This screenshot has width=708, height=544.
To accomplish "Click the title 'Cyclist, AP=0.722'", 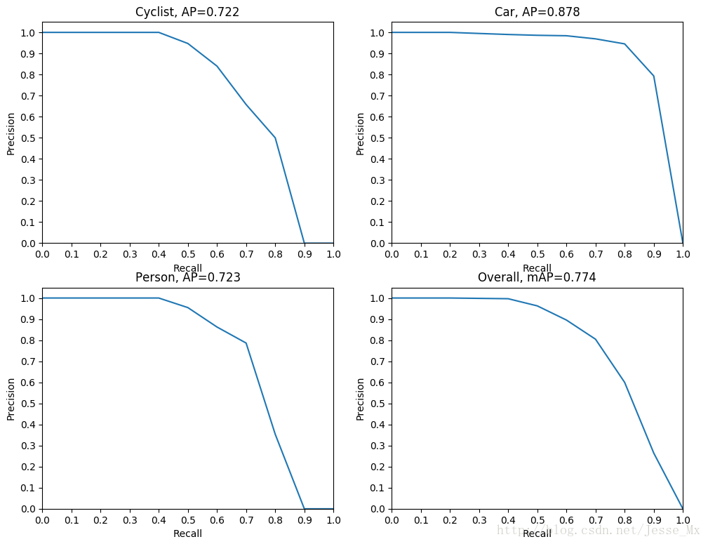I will (187, 12).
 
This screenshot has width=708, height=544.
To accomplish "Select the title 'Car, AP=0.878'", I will (537, 12).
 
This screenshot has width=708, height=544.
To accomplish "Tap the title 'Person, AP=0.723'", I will (187, 277).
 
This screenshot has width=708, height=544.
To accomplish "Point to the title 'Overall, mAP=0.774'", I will (537, 277).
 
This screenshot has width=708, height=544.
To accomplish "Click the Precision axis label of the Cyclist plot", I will (11, 133).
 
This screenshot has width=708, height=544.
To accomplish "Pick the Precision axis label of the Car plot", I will (360, 133).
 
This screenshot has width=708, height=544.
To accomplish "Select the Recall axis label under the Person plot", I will (187, 533).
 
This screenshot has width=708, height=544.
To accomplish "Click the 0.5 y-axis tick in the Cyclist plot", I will (29, 138).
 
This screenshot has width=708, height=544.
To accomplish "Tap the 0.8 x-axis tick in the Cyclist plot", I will (275, 253).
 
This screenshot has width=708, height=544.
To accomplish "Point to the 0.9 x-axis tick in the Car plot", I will (654, 253).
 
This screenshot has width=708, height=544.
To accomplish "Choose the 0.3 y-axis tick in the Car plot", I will (378, 180).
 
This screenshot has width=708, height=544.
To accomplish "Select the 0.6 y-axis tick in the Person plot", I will (29, 383).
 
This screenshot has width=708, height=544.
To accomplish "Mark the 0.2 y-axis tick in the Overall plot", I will (378, 467).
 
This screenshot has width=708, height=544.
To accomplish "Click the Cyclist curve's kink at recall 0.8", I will (275, 138).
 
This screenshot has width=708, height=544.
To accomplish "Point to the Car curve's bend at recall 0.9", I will (654, 76).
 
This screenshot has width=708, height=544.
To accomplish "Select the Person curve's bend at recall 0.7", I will (246, 343).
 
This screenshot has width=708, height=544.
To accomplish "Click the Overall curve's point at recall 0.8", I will (624, 383).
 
